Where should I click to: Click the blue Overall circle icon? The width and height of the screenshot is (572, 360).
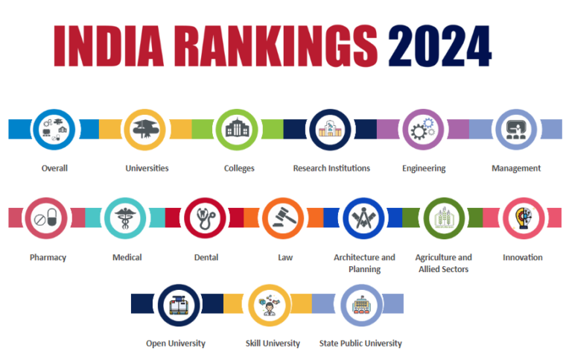[x=54, y=129]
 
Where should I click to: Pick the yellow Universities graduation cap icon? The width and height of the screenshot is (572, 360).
[x=146, y=129]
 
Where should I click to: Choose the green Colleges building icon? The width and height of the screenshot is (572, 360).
[x=238, y=129]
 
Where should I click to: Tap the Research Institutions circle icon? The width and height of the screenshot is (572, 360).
[x=331, y=129]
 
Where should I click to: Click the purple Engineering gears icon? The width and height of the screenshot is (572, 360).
[x=423, y=129]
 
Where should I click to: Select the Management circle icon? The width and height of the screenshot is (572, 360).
[x=515, y=129]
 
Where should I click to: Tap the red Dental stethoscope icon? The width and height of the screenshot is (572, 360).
[x=206, y=218]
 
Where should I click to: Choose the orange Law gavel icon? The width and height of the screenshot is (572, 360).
[x=285, y=218]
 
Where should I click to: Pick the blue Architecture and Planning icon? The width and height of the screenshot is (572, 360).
[x=363, y=218]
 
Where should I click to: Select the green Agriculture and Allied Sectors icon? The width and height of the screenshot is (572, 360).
[x=443, y=218]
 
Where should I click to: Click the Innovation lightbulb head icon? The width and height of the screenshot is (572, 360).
[x=522, y=218]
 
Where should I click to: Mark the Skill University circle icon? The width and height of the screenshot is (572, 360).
[x=270, y=304]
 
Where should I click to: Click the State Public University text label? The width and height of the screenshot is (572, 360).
[x=360, y=344]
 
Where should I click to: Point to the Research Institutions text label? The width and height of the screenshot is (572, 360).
[x=331, y=168]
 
